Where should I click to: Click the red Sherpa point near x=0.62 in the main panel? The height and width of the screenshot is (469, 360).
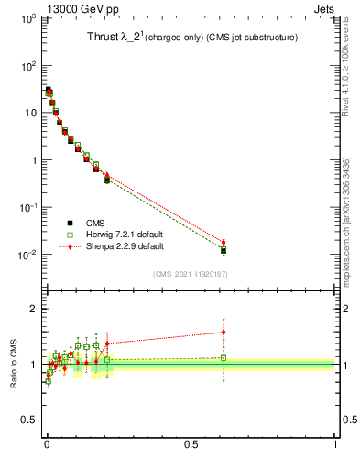pyautogui.click(x=224, y=242)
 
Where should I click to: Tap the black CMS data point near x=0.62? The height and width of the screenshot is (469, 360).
pyautogui.click(x=224, y=250)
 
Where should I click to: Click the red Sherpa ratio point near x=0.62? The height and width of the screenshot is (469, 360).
pyautogui.click(x=224, y=332)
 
